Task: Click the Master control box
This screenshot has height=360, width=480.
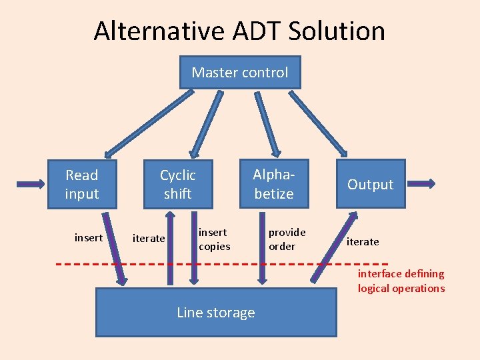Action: click(240, 72)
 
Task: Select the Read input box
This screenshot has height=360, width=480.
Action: click(82, 184)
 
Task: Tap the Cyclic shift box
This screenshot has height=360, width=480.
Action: click(177, 184)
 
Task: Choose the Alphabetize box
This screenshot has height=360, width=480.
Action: click(273, 184)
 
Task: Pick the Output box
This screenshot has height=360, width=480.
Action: click(370, 184)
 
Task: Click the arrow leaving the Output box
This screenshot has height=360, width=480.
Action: click(421, 183)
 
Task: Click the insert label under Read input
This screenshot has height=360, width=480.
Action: click(89, 237)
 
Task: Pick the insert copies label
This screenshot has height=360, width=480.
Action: click(214, 239)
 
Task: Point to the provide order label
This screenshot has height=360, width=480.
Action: click(287, 239)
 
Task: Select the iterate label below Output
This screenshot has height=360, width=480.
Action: click(363, 241)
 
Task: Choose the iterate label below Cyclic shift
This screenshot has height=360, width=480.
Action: click(149, 238)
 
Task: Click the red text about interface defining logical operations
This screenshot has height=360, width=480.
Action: click(401, 281)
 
